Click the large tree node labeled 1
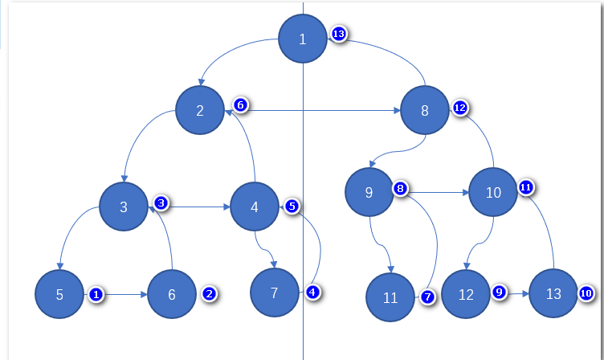pyautogui.click(x=303, y=39)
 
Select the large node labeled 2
pyautogui.click(x=200, y=111)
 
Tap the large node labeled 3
pyautogui.click(x=124, y=207)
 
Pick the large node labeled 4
pyautogui.click(x=255, y=207)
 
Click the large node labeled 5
pyautogui.click(x=59, y=294)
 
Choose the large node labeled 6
pyautogui.click(x=172, y=294)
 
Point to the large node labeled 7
pyautogui.click(x=275, y=292)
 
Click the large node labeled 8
pyautogui.click(x=425, y=111)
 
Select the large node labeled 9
pyautogui.click(x=369, y=193)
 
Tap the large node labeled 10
pyautogui.click(x=493, y=193)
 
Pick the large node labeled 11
pyautogui.click(x=390, y=297)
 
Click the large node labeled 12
pyautogui.click(x=466, y=294)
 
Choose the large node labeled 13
pyautogui.click(x=553, y=294)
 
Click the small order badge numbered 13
pyautogui.click(x=339, y=35)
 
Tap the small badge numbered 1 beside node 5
pyautogui.click(x=96, y=295)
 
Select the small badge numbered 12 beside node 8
pyautogui.click(x=460, y=107)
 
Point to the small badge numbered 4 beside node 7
pyautogui.click(x=312, y=292)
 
